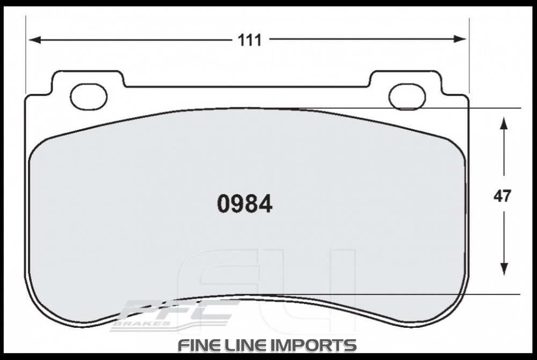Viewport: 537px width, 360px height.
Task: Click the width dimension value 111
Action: coord(250,40)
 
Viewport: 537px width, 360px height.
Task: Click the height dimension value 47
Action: coord(502,196)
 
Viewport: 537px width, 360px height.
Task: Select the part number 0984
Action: coord(244,204)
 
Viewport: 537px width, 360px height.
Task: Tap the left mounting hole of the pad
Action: coord(88,96)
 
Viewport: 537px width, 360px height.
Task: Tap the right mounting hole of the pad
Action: coord(407,96)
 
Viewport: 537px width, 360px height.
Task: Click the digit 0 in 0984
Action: coord(224,204)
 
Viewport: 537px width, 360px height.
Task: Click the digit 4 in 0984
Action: coord(265,204)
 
